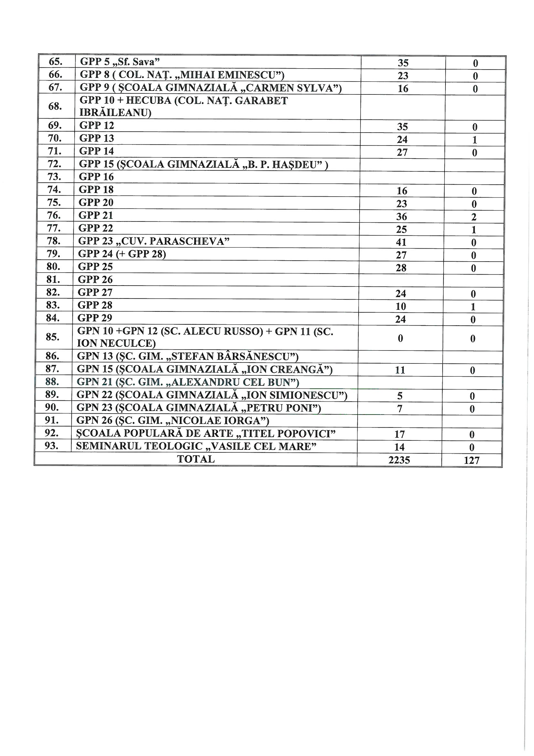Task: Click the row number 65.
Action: (x=56, y=61)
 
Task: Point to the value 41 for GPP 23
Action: (x=401, y=242)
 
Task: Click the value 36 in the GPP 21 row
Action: (x=402, y=217)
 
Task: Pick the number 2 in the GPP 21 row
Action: (x=474, y=217)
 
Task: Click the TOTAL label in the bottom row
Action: (x=196, y=459)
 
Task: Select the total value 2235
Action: (x=399, y=460)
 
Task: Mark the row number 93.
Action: (x=52, y=446)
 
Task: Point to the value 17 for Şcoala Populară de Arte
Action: (x=399, y=434)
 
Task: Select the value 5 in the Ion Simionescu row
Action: (x=400, y=396)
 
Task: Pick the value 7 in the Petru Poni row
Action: (x=400, y=409)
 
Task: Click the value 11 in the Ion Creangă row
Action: (x=400, y=370)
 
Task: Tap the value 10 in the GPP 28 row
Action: (x=401, y=307)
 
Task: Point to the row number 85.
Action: (x=53, y=337)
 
